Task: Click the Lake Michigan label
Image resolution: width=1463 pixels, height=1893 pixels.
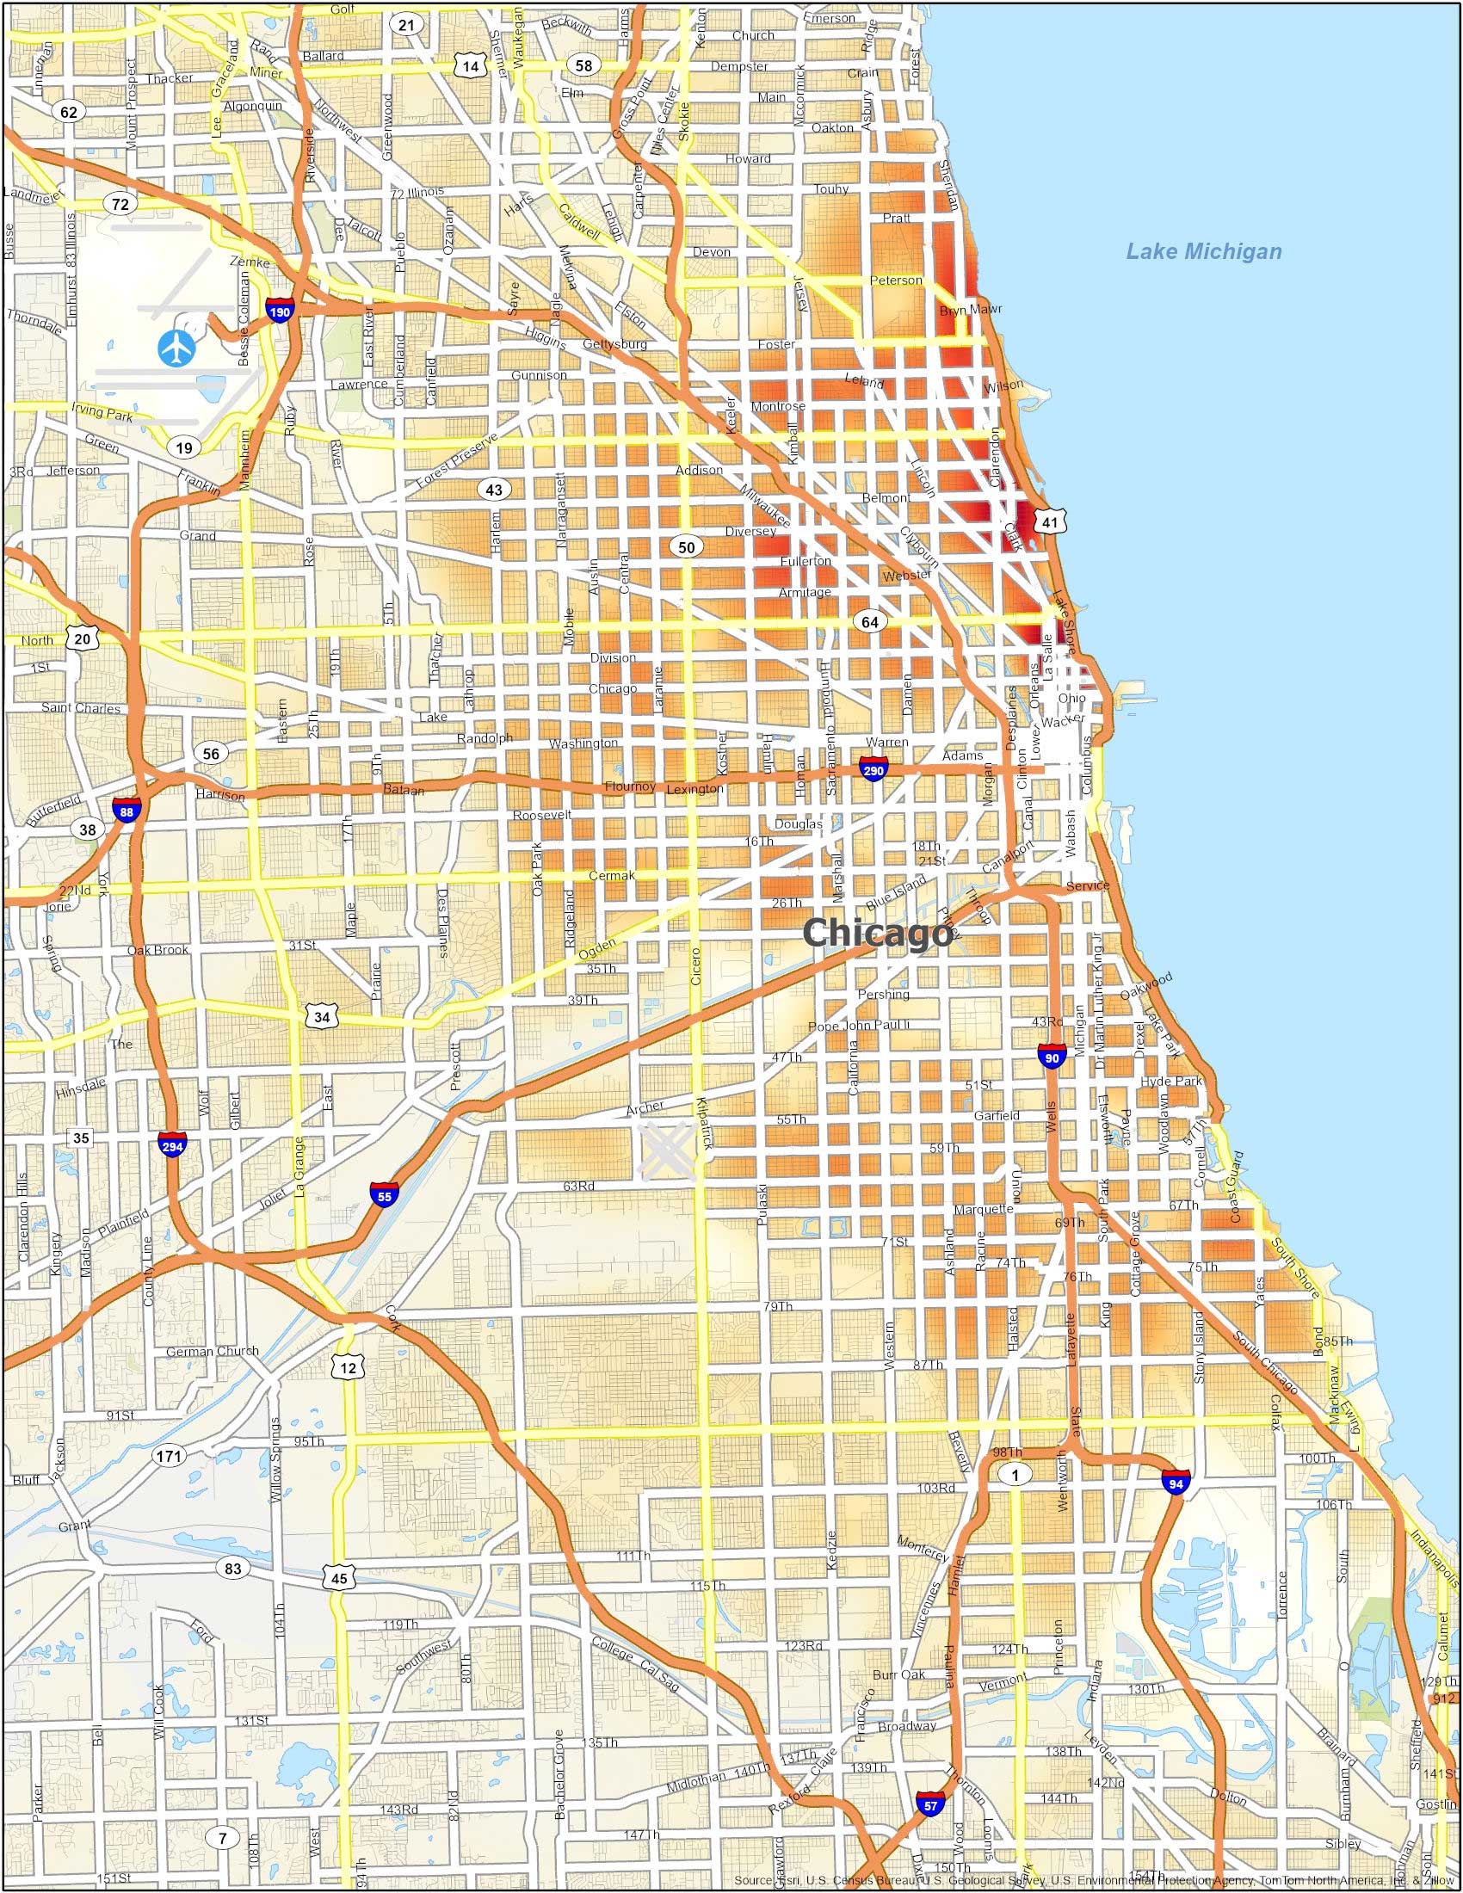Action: click(x=1203, y=252)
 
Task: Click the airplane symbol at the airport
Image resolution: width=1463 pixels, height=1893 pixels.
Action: click(x=177, y=348)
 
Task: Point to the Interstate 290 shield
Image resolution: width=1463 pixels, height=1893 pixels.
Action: click(x=873, y=768)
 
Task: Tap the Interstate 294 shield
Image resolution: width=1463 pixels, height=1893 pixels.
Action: click(x=170, y=1146)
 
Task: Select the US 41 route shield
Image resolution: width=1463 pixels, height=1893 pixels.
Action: click(x=1051, y=521)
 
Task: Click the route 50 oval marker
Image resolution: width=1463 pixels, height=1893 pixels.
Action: click(x=687, y=547)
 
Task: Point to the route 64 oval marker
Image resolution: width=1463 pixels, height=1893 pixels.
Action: click(x=869, y=622)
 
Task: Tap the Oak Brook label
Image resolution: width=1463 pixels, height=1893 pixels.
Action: click(x=157, y=950)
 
